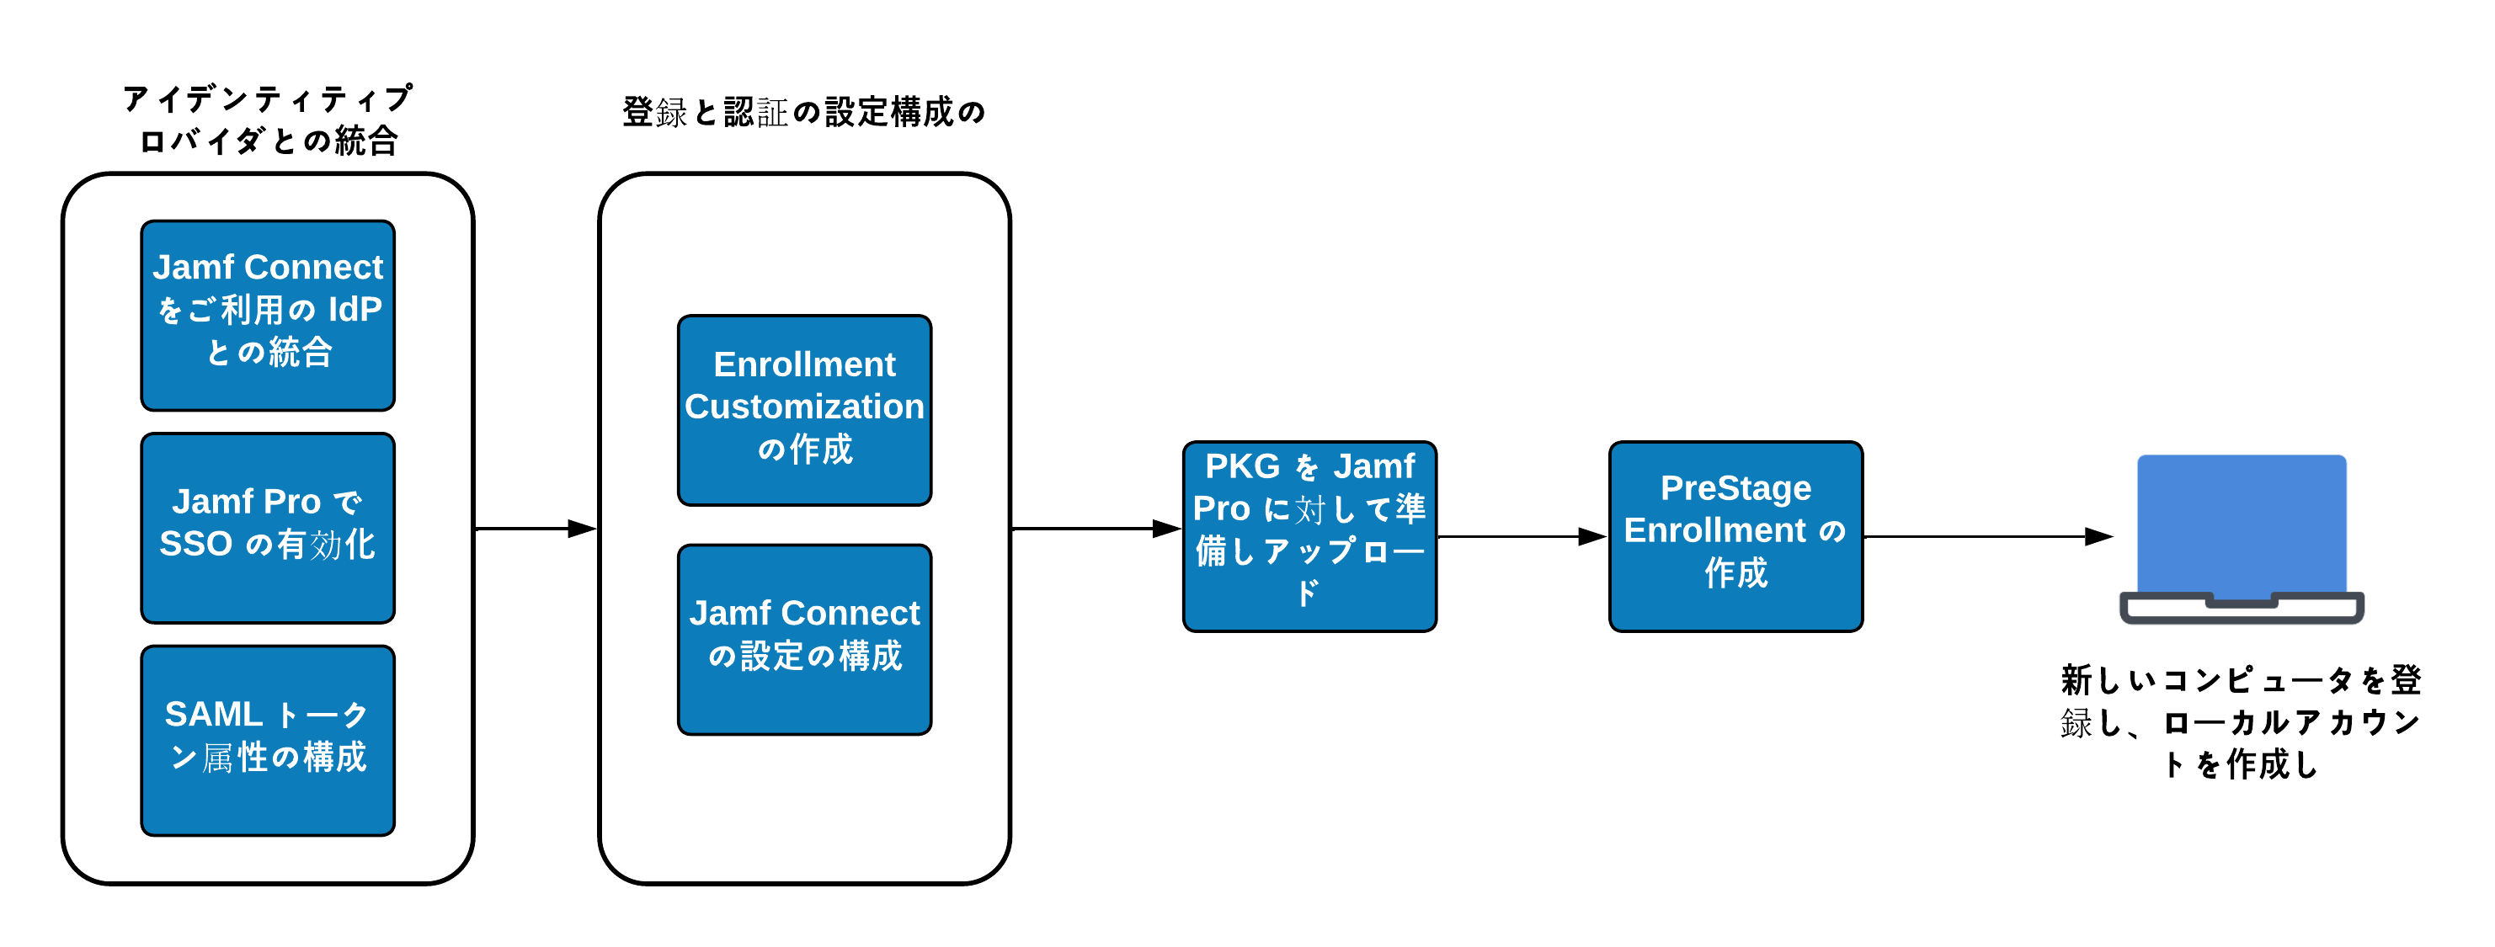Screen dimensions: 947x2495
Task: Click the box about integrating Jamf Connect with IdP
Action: pos(267,315)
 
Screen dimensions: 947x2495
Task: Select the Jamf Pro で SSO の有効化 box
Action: pos(267,528)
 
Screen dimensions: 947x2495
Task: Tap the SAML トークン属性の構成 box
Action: pos(267,740)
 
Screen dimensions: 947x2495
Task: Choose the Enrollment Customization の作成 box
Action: pos(804,410)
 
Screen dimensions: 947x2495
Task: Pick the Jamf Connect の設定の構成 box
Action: pos(804,639)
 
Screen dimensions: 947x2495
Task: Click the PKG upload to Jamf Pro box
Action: pos(1309,535)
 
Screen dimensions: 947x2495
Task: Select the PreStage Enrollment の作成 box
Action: pos(1735,535)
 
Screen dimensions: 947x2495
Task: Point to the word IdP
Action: pos(355,310)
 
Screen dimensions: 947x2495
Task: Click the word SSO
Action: pos(195,544)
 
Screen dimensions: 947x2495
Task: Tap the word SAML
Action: pos(213,715)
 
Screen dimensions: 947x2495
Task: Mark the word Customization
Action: pos(804,407)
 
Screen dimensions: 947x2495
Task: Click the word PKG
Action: pos(1242,466)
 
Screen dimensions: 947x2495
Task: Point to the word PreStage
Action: pos(1735,488)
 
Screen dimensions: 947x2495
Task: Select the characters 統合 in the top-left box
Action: pos(301,353)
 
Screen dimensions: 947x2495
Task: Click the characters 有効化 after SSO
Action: pos(327,544)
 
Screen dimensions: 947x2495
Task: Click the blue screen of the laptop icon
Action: pos(2242,523)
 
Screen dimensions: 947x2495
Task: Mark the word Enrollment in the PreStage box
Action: pos(1714,530)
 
